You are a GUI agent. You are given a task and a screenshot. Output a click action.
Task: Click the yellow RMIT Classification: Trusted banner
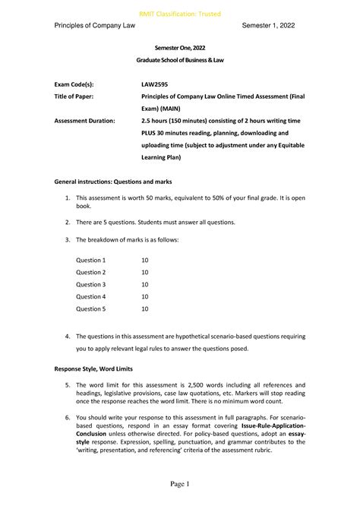pyautogui.click(x=180, y=10)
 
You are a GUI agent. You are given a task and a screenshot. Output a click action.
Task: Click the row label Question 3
pyautogui.click(x=90, y=284)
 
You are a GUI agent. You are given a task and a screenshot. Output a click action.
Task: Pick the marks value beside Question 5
pyautogui.click(x=145, y=309)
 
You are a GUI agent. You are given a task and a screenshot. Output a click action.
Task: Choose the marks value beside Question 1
pyautogui.click(x=145, y=259)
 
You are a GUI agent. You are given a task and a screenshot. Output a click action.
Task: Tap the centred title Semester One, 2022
pyautogui.click(x=180, y=48)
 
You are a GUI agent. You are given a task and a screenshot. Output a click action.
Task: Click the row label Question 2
pyautogui.click(x=90, y=272)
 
